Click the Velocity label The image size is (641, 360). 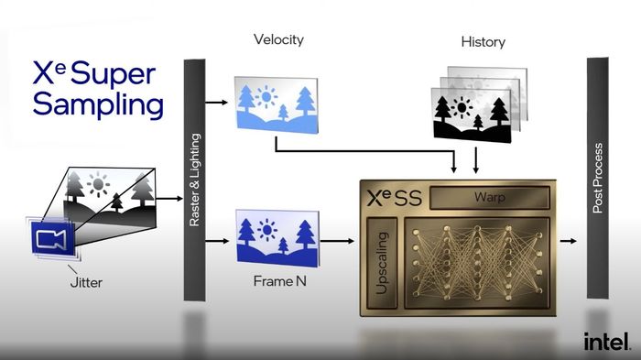pyautogui.click(x=278, y=39)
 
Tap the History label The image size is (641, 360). pyautogui.click(x=483, y=42)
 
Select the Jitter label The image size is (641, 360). pyautogui.click(x=86, y=282)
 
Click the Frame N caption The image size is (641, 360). pyautogui.click(x=279, y=281)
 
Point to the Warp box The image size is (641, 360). pyautogui.click(x=489, y=198)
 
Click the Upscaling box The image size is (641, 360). pyautogui.click(x=382, y=263)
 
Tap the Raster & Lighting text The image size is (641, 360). pyautogui.click(x=194, y=180)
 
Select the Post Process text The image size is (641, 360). pyautogui.click(x=598, y=178)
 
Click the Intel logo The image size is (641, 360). pyautogui.click(x=606, y=341)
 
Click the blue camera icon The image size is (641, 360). pyautogui.click(x=52, y=238)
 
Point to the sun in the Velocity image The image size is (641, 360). pyautogui.click(x=266, y=96)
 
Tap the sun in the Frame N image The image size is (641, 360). pyautogui.click(x=267, y=230)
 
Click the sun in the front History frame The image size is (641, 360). pyautogui.click(x=462, y=107)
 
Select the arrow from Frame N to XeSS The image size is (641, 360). pyautogui.click(x=337, y=241)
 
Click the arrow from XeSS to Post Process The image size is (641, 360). pyautogui.click(x=569, y=241)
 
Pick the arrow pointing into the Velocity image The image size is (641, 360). pyautogui.click(x=216, y=103)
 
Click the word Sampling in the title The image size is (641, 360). pyautogui.click(x=98, y=105)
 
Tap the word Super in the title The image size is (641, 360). pyautogui.click(x=113, y=73)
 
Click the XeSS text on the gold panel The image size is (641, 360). pyautogui.click(x=394, y=198)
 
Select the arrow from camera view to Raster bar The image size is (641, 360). pyautogui.click(x=169, y=199)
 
